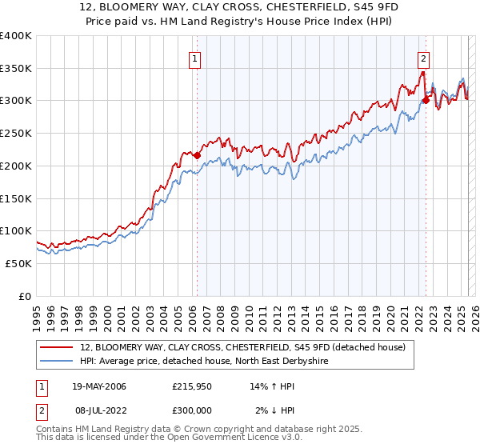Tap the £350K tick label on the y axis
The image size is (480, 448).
pos(16,68)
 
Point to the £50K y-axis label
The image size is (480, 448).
pos(18,263)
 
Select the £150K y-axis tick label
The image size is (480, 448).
pos(16,198)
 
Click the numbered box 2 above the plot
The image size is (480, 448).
pos(422,58)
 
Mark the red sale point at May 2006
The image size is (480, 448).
pos(197,155)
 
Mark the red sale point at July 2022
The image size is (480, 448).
pos(426,100)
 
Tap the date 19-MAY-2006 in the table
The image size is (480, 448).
pos(99,386)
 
